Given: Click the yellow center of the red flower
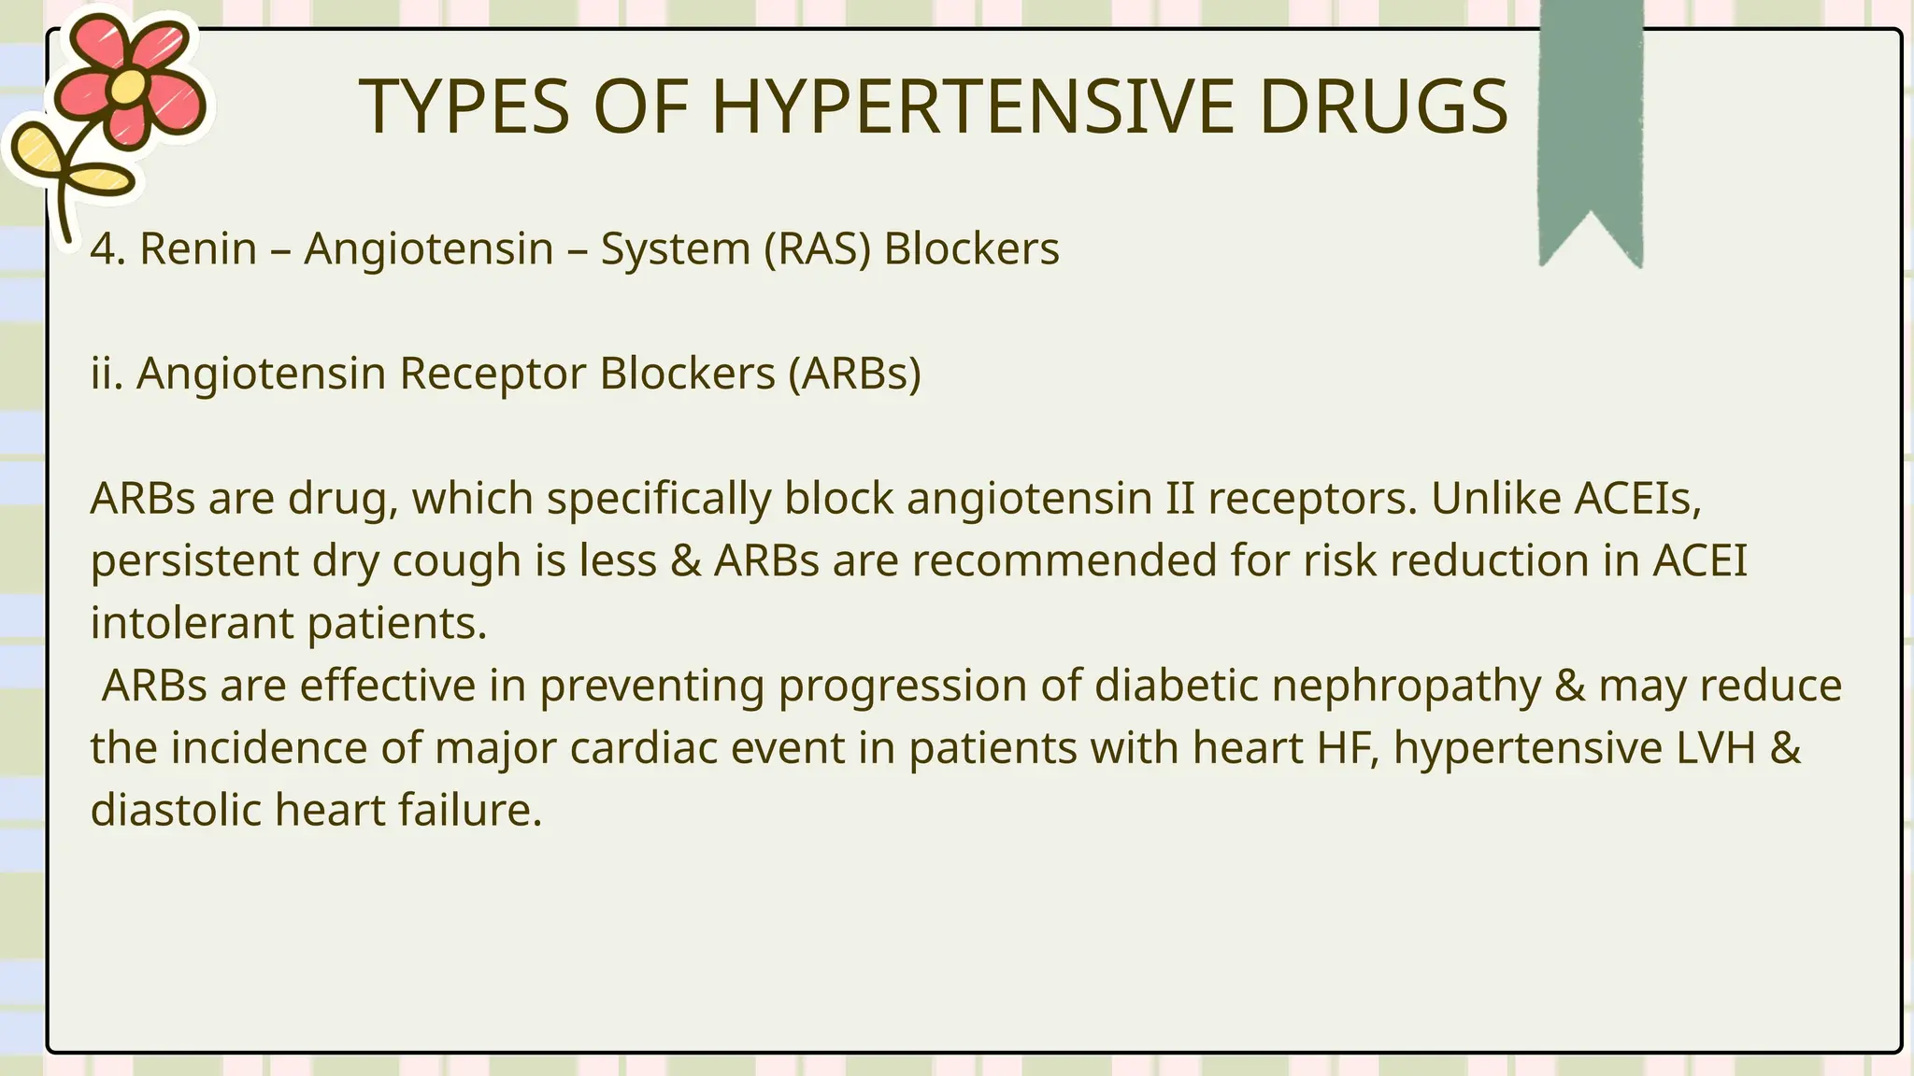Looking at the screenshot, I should point(130,87).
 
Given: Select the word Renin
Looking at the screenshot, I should point(198,249).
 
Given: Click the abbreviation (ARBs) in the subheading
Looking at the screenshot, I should point(854,374).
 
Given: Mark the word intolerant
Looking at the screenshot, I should point(192,623).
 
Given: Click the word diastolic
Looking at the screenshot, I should point(176,810).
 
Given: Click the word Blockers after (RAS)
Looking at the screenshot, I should point(972,249).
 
